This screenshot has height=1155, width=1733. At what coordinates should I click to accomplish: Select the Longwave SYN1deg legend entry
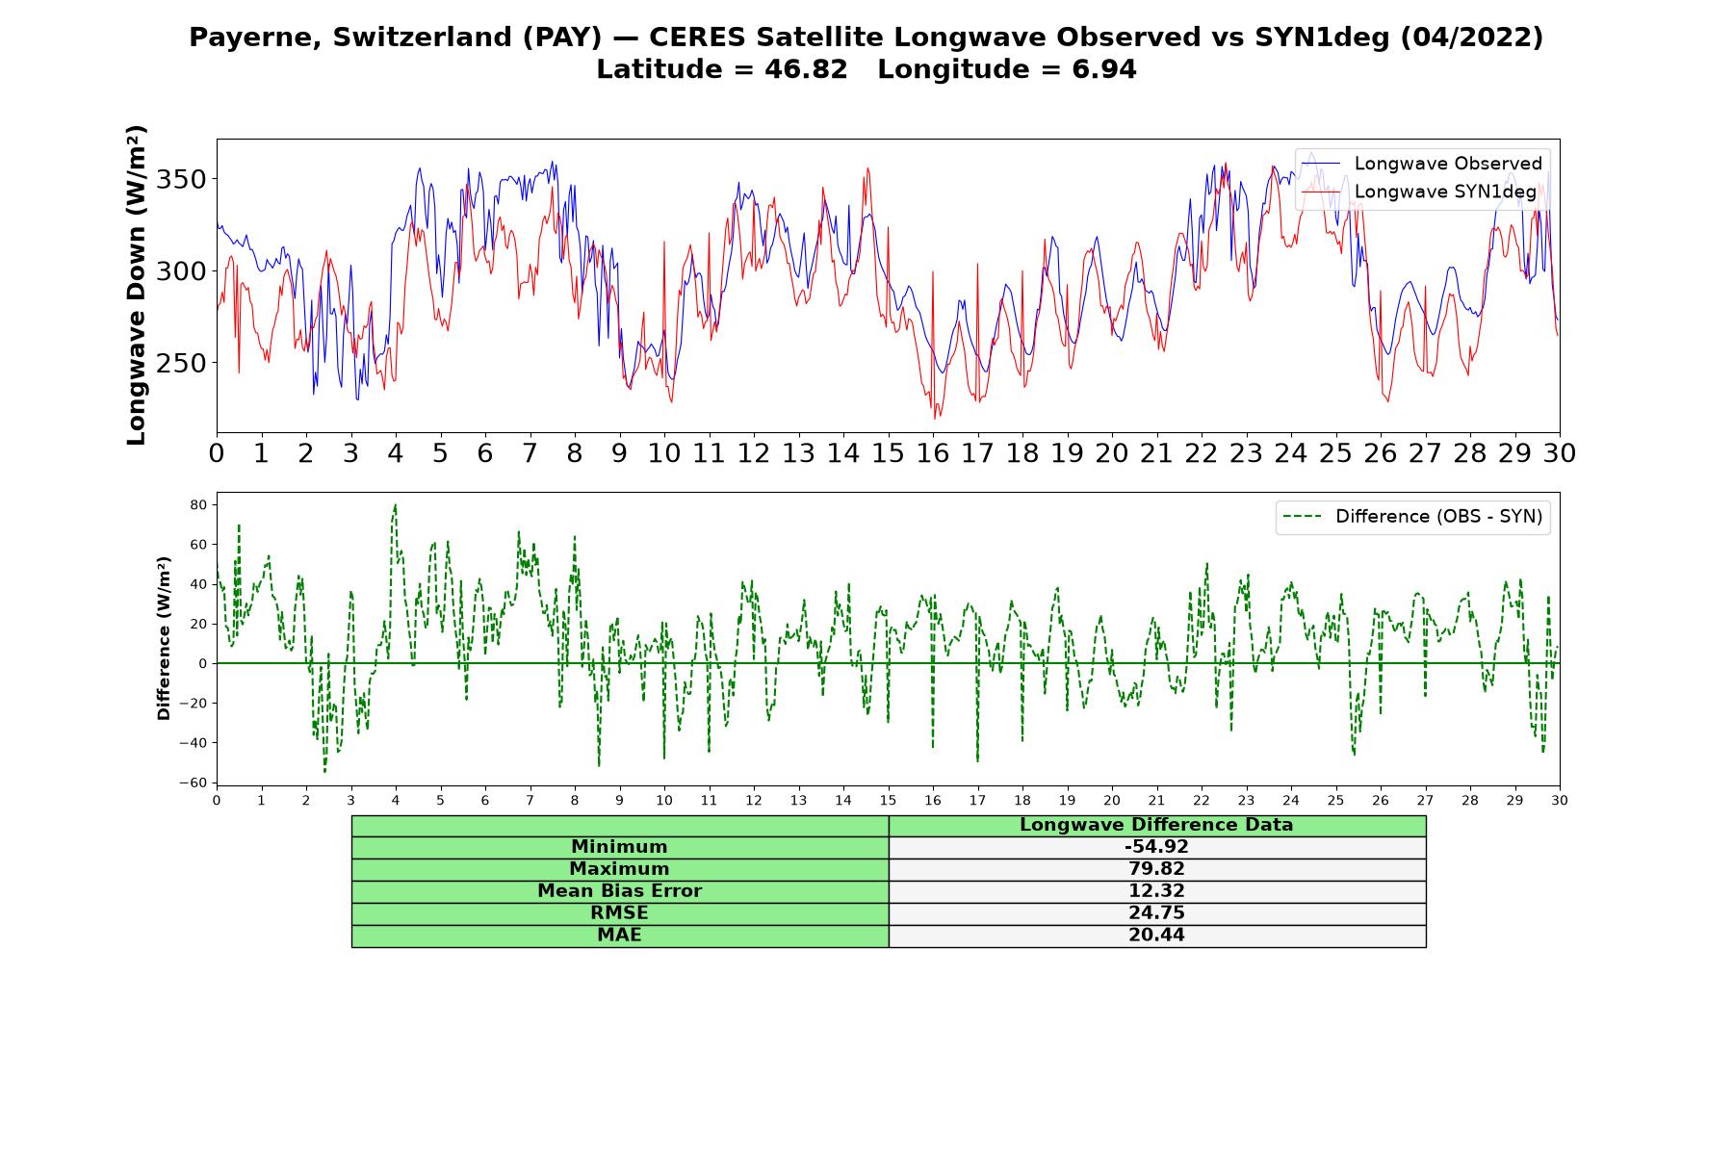pos(1419,192)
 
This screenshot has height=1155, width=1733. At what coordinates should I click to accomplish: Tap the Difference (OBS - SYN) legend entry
pos(1413,517)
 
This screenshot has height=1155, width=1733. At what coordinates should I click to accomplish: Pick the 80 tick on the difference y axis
pos(199,504)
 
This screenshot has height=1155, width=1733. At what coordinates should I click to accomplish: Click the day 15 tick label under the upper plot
pos(888,453)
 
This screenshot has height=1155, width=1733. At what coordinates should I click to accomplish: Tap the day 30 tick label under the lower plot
pos(1560,800)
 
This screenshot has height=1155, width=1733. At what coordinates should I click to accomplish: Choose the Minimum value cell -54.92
pos(1156,847)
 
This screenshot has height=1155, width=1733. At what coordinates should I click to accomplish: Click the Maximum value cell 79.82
pos(1156,869)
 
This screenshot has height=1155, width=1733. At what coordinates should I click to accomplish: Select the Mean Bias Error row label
pos(619,891)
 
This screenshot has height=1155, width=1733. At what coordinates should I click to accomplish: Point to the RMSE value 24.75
pos(1156,913)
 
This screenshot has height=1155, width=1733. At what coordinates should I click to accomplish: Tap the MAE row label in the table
pos(619,936)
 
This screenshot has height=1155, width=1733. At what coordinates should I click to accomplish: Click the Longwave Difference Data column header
pos(1156,825)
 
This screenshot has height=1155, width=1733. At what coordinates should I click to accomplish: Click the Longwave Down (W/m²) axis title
pos(136,285)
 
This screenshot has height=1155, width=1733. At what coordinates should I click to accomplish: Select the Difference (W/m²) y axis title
pos(164,638)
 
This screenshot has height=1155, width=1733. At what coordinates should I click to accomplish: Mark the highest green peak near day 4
pos(395,504)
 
